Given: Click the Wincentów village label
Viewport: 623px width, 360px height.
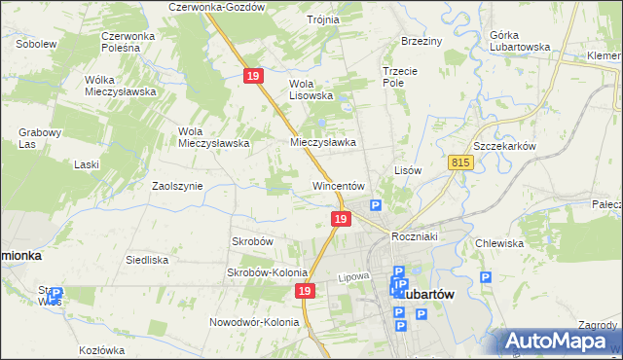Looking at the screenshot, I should [x=338, y=186].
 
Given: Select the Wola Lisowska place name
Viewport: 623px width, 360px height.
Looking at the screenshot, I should [x=311, y=90].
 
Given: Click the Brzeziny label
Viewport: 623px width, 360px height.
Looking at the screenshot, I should [x=421, y=41].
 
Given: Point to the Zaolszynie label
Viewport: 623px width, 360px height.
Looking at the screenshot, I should [x=177, y=185].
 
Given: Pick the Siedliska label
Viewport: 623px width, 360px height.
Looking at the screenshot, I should [x=147, y=261].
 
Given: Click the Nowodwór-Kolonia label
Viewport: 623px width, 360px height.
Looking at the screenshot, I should [x=252, y=322].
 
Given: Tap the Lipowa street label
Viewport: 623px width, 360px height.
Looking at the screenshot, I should [x=355, y=277].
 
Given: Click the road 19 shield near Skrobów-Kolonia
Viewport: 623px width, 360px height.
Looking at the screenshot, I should [x=306, y=291].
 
